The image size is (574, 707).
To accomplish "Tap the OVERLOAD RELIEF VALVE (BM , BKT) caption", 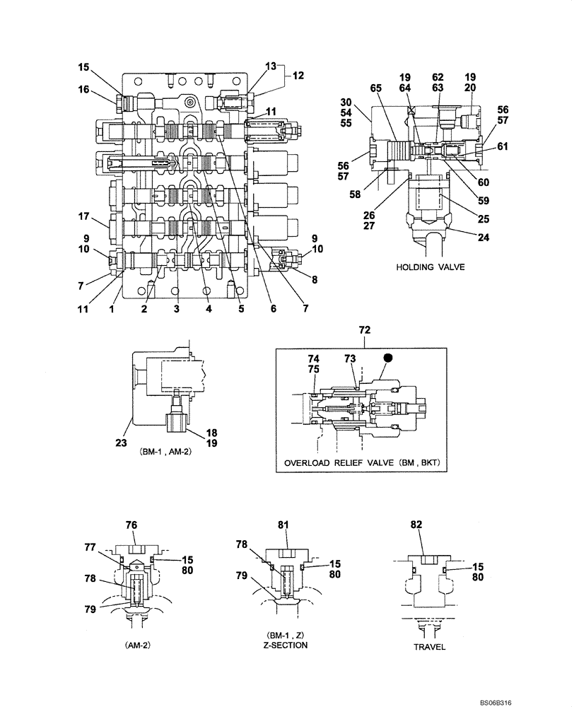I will [362, 463].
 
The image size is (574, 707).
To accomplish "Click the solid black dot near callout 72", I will [387, 358].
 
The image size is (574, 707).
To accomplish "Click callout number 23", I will [120, 444].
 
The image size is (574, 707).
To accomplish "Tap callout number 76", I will [131, 525].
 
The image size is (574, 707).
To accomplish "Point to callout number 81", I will [283, 525].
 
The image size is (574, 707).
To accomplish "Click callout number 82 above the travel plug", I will [416, 525].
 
